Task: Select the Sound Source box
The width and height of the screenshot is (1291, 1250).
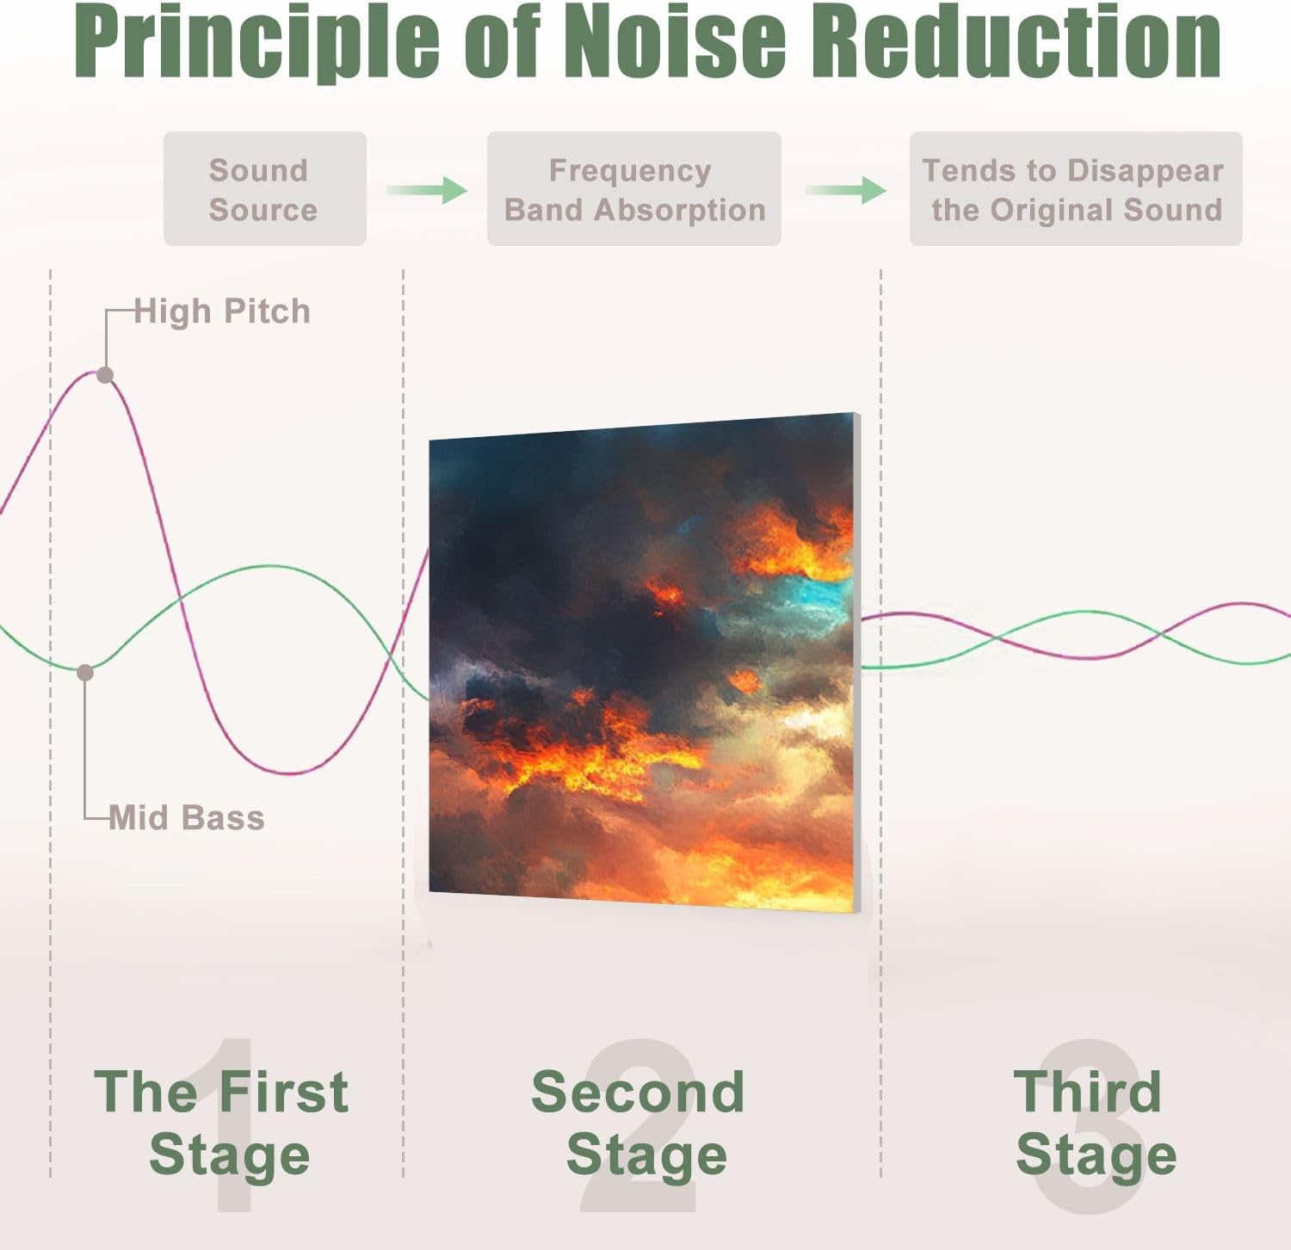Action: pyautogui.click(x=264, y=189)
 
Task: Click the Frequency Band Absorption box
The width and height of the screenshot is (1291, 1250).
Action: pyautogui.click(x=633, y=189)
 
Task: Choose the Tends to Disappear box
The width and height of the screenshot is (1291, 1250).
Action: pyautogui.click(x=1075, y=189)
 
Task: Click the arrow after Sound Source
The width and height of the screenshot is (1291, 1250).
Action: pyautogui.click(x=427, y=189)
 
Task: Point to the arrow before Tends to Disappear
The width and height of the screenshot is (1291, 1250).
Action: pyautogui.click(x=846, y=189)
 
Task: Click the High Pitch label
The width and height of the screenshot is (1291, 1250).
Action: pyautogui.click(x=222, y=311)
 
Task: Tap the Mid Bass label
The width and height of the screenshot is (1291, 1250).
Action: pyautogui.click(x=187, y=817)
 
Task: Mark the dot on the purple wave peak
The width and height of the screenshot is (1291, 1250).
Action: pyautogui.click(x=105, y=375)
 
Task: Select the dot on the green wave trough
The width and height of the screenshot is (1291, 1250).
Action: pyautogui.click(x=85, y=673)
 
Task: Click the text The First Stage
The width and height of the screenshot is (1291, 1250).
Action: pyautogui.click(x=222, y=1123)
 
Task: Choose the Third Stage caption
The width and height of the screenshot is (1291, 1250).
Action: pyautogui.click(x=1093, y=1123)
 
